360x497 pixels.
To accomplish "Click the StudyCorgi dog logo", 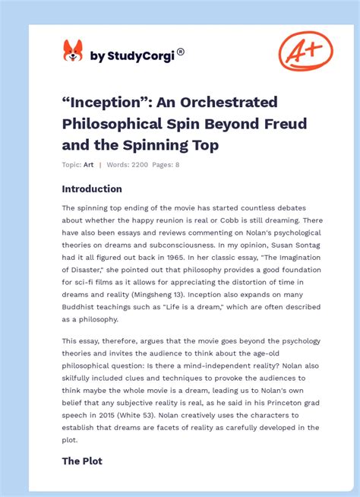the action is tap(73, 52).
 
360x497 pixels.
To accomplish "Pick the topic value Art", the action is tap(88, 164).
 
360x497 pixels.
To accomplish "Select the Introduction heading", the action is tap(92, 189).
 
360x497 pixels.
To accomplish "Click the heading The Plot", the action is tap(82, 461).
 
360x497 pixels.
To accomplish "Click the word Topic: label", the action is tap(71, 164).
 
